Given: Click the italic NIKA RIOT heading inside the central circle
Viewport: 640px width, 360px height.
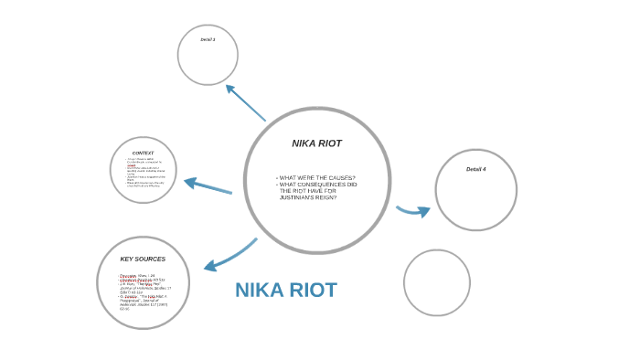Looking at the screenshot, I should click(316, 143).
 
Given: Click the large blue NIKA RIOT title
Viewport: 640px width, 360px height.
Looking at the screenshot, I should click(285, 291).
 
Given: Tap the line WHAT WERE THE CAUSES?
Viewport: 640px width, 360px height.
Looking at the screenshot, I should click(316, 177).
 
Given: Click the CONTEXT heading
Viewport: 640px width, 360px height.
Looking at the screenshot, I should click(143, 153).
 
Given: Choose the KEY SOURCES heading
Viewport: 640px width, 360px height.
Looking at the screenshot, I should click(143, 259).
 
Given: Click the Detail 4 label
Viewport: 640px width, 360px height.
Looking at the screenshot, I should click(475, 169).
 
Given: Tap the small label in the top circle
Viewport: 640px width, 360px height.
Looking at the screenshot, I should click(208, 39).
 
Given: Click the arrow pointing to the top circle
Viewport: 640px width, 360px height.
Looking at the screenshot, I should click(244, 101).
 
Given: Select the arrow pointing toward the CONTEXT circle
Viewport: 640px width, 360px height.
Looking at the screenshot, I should click(208, 186).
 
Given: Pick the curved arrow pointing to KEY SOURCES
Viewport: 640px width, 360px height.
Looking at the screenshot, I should click(229, 256).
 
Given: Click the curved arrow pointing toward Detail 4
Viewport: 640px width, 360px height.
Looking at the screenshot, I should click(414, 211).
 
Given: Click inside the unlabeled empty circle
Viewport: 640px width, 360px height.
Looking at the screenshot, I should click(436, 282).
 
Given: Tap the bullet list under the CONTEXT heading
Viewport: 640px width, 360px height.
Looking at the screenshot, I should click(144, 174).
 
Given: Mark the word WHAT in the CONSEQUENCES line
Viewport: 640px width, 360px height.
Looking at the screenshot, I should click(288, 185).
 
